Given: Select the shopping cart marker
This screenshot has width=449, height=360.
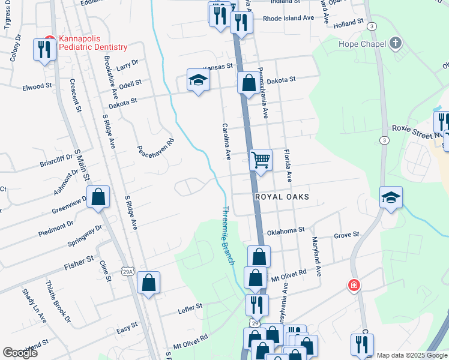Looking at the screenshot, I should pyautogui.click(x=261, y=160).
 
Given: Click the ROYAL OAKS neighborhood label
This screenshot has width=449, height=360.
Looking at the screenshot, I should pyautogui.click(x=282, y=197).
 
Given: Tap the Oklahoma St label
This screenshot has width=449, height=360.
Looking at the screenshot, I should pyautogui.click(x=286, y=230).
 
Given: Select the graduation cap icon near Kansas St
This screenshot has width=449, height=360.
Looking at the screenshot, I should pyautogui.click(x=197, y=80).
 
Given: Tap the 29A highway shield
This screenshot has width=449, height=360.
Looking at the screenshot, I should pyautogui.click(x=127, y=272).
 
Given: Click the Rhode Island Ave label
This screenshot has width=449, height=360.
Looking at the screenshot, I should pyautogui.click(x=288, y=18).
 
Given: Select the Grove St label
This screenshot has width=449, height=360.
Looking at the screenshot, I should pyautogui.click(x=346, y=234).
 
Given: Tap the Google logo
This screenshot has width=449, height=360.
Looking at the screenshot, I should pyautogui.click(x=20, y=353).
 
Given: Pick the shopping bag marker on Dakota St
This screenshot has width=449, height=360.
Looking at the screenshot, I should pyautogui.click(x=248, y=83).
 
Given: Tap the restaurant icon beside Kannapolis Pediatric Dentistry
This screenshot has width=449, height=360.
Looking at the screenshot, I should pyautogui.click(x=45, y=49).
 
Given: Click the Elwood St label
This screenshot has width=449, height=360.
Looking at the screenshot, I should pyautogui.click(x=37, y=86).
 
